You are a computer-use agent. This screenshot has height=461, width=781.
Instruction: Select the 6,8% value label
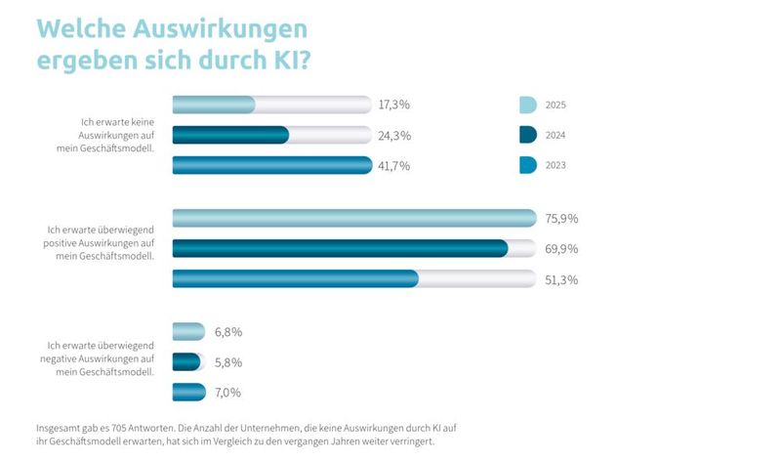pyautogui.click(x=227, y=331)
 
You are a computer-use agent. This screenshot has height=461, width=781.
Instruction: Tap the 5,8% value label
pyautogui.click(x=227, y=361)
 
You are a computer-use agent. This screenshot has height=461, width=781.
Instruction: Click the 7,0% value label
pyautogui.click(x=227, y=393)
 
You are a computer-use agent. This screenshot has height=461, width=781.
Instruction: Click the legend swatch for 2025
pyautogui.click(x=527, y=105)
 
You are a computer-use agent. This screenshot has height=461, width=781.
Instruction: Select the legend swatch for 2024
pyautogui.click(x=527, y=136)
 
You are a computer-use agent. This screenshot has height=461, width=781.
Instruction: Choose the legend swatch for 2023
pyautogui.click(x=527, y=166)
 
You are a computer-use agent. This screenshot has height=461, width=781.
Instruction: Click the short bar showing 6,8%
pyautogui.click(x=188, y=331)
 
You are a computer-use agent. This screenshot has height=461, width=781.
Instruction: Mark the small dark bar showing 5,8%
pyautogui.click(x=185, y=361)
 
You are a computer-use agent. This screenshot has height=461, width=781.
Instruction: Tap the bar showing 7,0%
pyautogui.click(x=188, y=393)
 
